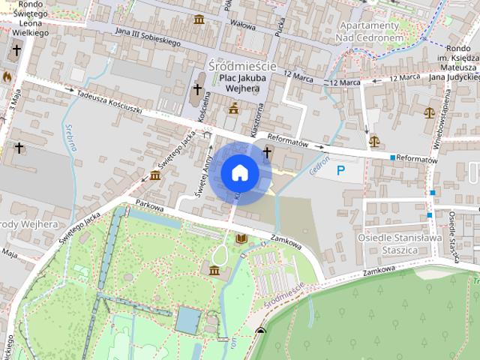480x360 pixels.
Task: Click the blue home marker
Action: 240,173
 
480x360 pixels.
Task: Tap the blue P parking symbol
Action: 341,170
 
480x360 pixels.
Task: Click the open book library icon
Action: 241,238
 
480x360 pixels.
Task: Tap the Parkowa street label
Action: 149,208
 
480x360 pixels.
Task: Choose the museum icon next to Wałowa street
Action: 199,19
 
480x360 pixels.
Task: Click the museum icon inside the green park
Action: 215,269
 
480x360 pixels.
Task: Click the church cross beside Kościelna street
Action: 197,90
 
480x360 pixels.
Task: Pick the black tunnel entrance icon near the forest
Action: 260,331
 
